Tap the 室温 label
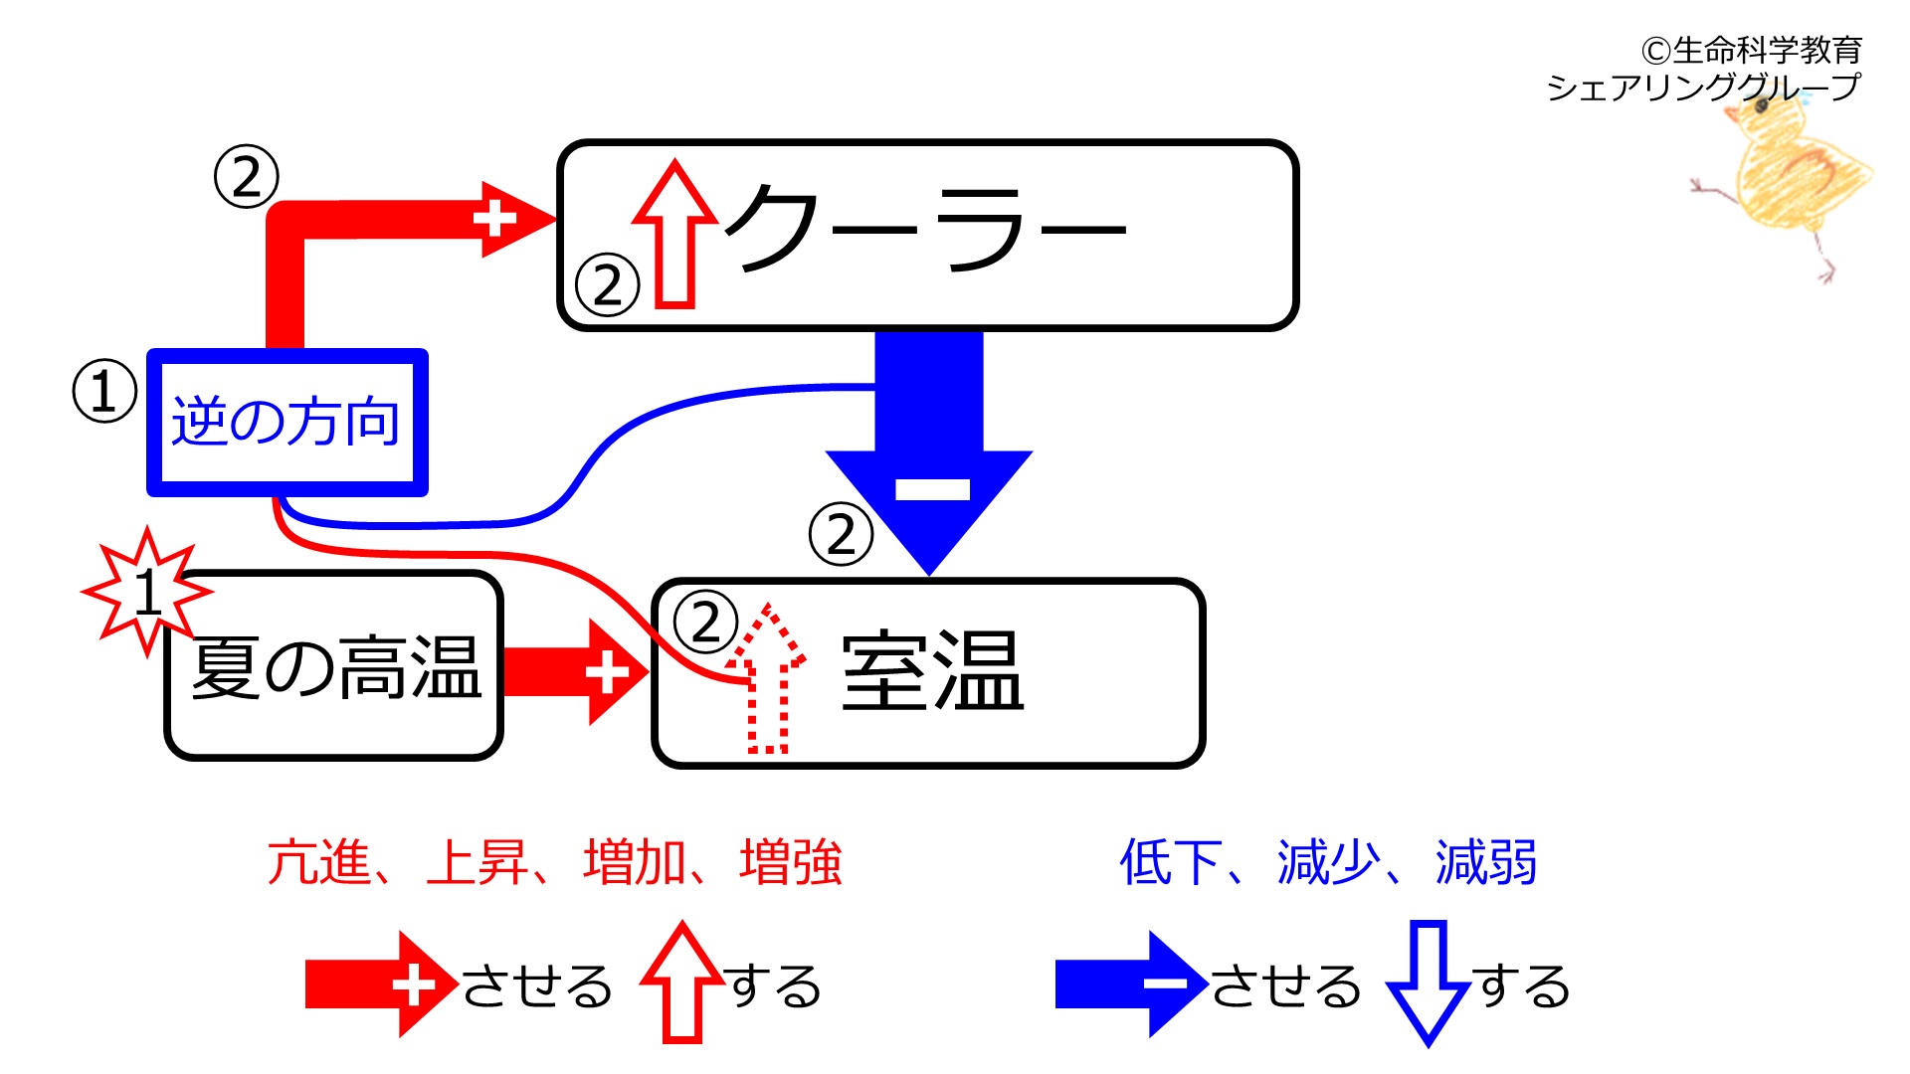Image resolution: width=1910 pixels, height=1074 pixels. pos(932,672)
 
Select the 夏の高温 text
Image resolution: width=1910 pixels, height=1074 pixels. pos(336,668)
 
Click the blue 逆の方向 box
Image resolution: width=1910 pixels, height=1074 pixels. pos(287,423)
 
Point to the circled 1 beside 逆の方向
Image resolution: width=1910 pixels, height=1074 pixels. pos(104,391)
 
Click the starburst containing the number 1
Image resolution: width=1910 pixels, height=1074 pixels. pos(147,592)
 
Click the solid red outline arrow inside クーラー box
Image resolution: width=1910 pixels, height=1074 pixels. pos(675,234)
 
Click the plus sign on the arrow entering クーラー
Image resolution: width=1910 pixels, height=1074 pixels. pos(494,219)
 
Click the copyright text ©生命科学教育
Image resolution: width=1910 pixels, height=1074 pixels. pos(1751,50)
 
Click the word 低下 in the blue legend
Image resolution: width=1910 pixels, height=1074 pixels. pos(1171,862)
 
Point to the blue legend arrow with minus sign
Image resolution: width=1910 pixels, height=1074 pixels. pos(1131,984)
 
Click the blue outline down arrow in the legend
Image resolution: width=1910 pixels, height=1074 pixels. pos(1429,983)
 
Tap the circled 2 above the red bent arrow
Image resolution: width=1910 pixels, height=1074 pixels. pos(246,177)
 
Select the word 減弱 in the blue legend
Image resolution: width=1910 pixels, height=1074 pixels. pos(1486,862)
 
